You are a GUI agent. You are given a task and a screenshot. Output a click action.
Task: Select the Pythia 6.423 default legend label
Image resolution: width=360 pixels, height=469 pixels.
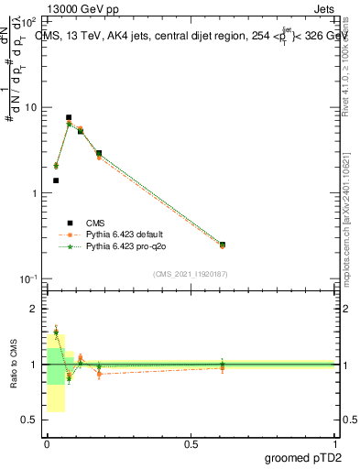[x=131, y=234]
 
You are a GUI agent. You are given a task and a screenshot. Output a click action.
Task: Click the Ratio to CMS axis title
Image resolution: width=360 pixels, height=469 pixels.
[x=16, y=365]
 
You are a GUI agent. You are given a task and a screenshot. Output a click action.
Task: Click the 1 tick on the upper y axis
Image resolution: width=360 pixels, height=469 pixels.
[x=34, y=193]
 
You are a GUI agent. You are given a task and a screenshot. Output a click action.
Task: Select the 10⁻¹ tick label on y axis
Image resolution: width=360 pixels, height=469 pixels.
[x=28, y=278]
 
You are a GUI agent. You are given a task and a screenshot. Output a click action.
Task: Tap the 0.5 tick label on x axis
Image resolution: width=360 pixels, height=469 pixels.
[x=191, y=444]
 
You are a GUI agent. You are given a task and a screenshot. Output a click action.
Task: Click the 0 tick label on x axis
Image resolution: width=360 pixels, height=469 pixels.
[x=47, y=444]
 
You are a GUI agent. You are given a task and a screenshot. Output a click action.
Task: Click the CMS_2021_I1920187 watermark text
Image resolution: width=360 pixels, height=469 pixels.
[x=191, y=273]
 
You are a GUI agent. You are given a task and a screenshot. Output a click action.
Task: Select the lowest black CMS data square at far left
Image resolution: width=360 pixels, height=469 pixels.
[x=56, y=180]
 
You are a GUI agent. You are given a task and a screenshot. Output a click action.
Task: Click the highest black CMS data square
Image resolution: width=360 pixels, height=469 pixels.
[x=69, y=117]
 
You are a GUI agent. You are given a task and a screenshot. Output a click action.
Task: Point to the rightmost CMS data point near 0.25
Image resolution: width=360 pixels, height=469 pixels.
[x=223, y=245]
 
